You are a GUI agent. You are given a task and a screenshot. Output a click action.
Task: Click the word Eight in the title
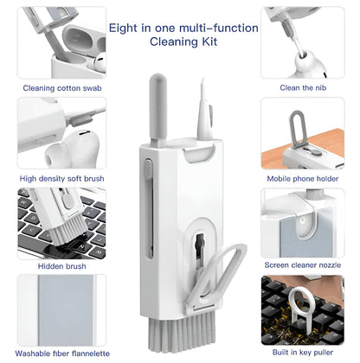point(123,29)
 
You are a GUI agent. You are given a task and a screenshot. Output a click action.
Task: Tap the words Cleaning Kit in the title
point(183,41)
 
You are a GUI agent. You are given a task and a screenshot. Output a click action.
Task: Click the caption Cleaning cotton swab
point(62,88)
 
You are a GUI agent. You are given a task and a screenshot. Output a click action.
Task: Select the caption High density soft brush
point(61,179)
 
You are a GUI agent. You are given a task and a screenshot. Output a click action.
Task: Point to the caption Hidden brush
point(62,266)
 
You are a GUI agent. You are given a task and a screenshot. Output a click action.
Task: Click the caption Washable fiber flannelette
point(62,353)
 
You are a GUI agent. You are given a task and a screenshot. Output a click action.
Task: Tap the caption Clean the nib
point(303,88)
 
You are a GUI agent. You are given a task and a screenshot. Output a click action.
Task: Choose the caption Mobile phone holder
point(303,179)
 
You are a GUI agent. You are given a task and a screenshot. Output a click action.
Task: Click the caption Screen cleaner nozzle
point(303,265)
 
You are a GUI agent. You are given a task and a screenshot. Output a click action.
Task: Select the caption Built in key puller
point(303,353)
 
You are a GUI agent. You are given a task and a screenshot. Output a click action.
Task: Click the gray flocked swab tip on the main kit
point(157,106)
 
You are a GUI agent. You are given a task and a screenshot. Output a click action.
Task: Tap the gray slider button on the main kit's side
point(148,169)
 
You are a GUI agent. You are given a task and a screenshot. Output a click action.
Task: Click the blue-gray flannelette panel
point(66,309)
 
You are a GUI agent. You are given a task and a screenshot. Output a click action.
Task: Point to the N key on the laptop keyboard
point(82,247)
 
